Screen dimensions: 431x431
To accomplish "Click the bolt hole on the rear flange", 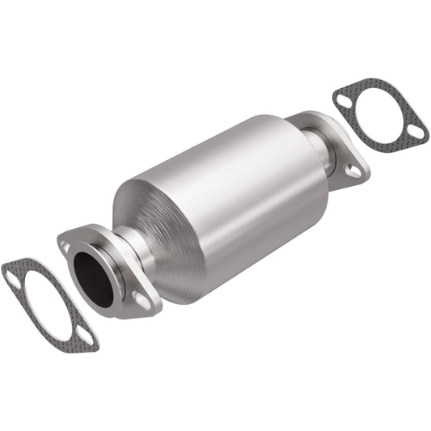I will tap(353, 170).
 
